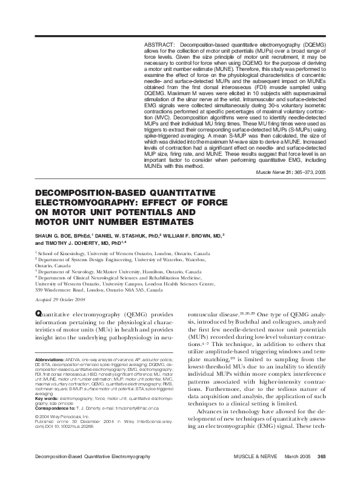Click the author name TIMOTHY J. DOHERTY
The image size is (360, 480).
click(65, 243)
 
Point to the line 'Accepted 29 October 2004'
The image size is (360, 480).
click(61, 299)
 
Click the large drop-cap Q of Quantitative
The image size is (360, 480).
click(39, 315)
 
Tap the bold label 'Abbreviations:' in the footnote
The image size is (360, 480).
click(51, 359)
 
